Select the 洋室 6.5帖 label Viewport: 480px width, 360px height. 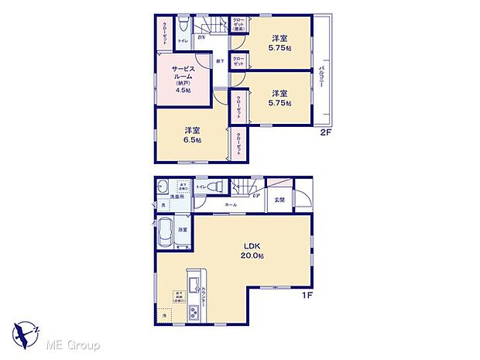pos(193,135)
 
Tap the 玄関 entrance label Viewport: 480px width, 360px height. pos(279,199)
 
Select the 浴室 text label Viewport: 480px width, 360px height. pos(183,231)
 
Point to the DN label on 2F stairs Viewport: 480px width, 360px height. pos(201,37)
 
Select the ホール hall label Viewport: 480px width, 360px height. pos(231,204)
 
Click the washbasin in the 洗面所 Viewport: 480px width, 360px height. pos(162,188)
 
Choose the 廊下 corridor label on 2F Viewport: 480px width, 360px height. pos(220,60)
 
